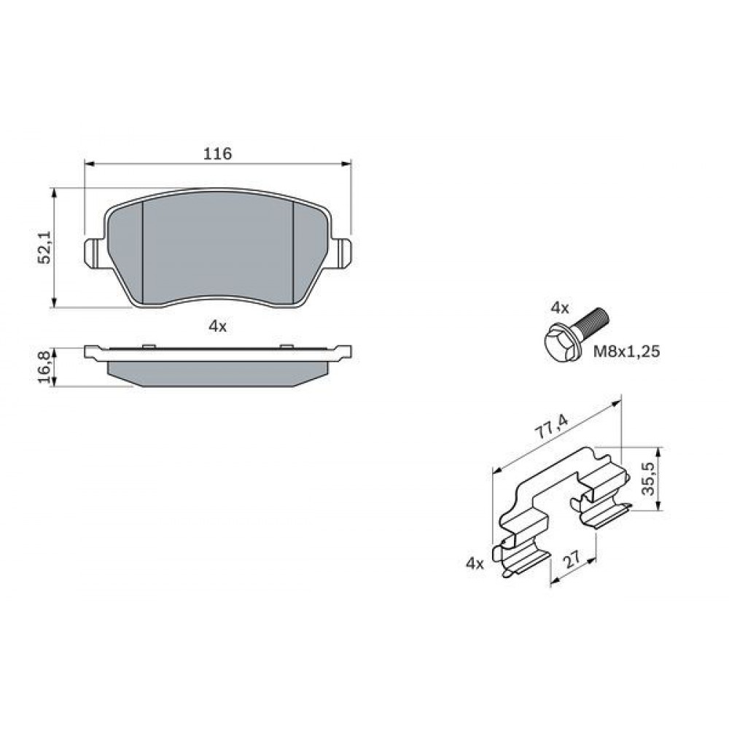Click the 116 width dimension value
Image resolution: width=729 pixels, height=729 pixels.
coord(217,153)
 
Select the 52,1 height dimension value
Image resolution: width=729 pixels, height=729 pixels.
coord(45,246)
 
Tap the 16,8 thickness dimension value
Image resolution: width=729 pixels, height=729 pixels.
coord(45,367)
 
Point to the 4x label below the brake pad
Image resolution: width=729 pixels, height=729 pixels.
coord(217,327)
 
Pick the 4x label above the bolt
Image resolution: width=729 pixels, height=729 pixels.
coord(560,308)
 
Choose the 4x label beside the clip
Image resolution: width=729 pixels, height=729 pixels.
coord(475,564)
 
